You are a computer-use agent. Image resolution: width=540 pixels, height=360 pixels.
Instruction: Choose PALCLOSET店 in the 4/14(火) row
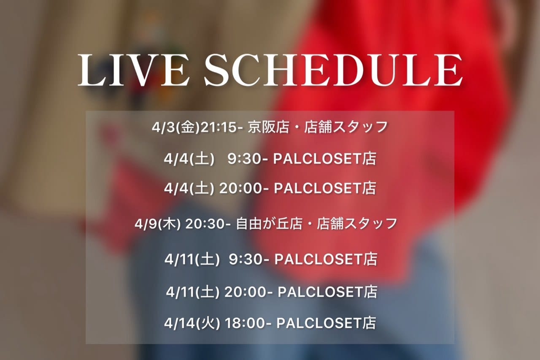[x=326, y=323]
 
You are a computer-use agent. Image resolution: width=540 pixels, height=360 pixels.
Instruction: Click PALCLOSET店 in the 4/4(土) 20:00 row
[x=325, y=189]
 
